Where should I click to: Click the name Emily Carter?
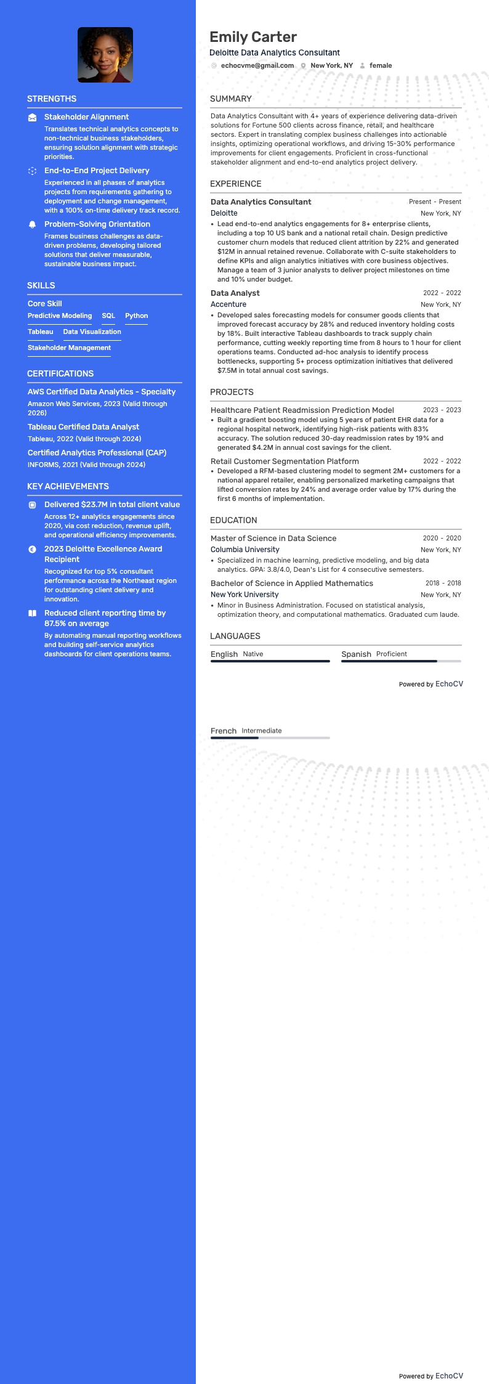coord(253,37)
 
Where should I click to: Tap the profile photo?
coord(105,55)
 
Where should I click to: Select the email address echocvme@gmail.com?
coord(257,65)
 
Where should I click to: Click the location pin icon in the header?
coord(303,66)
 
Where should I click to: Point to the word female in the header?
coord(381,65)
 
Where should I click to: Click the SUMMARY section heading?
coord(231,99)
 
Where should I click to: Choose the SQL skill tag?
coord(108,315)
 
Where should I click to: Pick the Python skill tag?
coord(136,315)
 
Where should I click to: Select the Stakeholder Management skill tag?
coord(69,348)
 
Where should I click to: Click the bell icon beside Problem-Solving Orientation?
coord(33,225)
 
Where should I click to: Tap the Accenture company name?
coord(228,304)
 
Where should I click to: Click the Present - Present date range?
coord(435,201)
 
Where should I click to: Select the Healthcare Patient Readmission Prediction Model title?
coord(302,410)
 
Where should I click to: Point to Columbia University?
coord(245,550)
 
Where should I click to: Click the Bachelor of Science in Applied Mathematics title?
coord(292,583)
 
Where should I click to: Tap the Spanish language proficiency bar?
coord(401,661)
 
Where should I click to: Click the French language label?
coord(224,731)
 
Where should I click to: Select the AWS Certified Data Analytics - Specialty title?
coord(102,391)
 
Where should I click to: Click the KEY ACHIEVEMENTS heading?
coord(68,486)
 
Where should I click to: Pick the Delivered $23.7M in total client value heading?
coord(112,504)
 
